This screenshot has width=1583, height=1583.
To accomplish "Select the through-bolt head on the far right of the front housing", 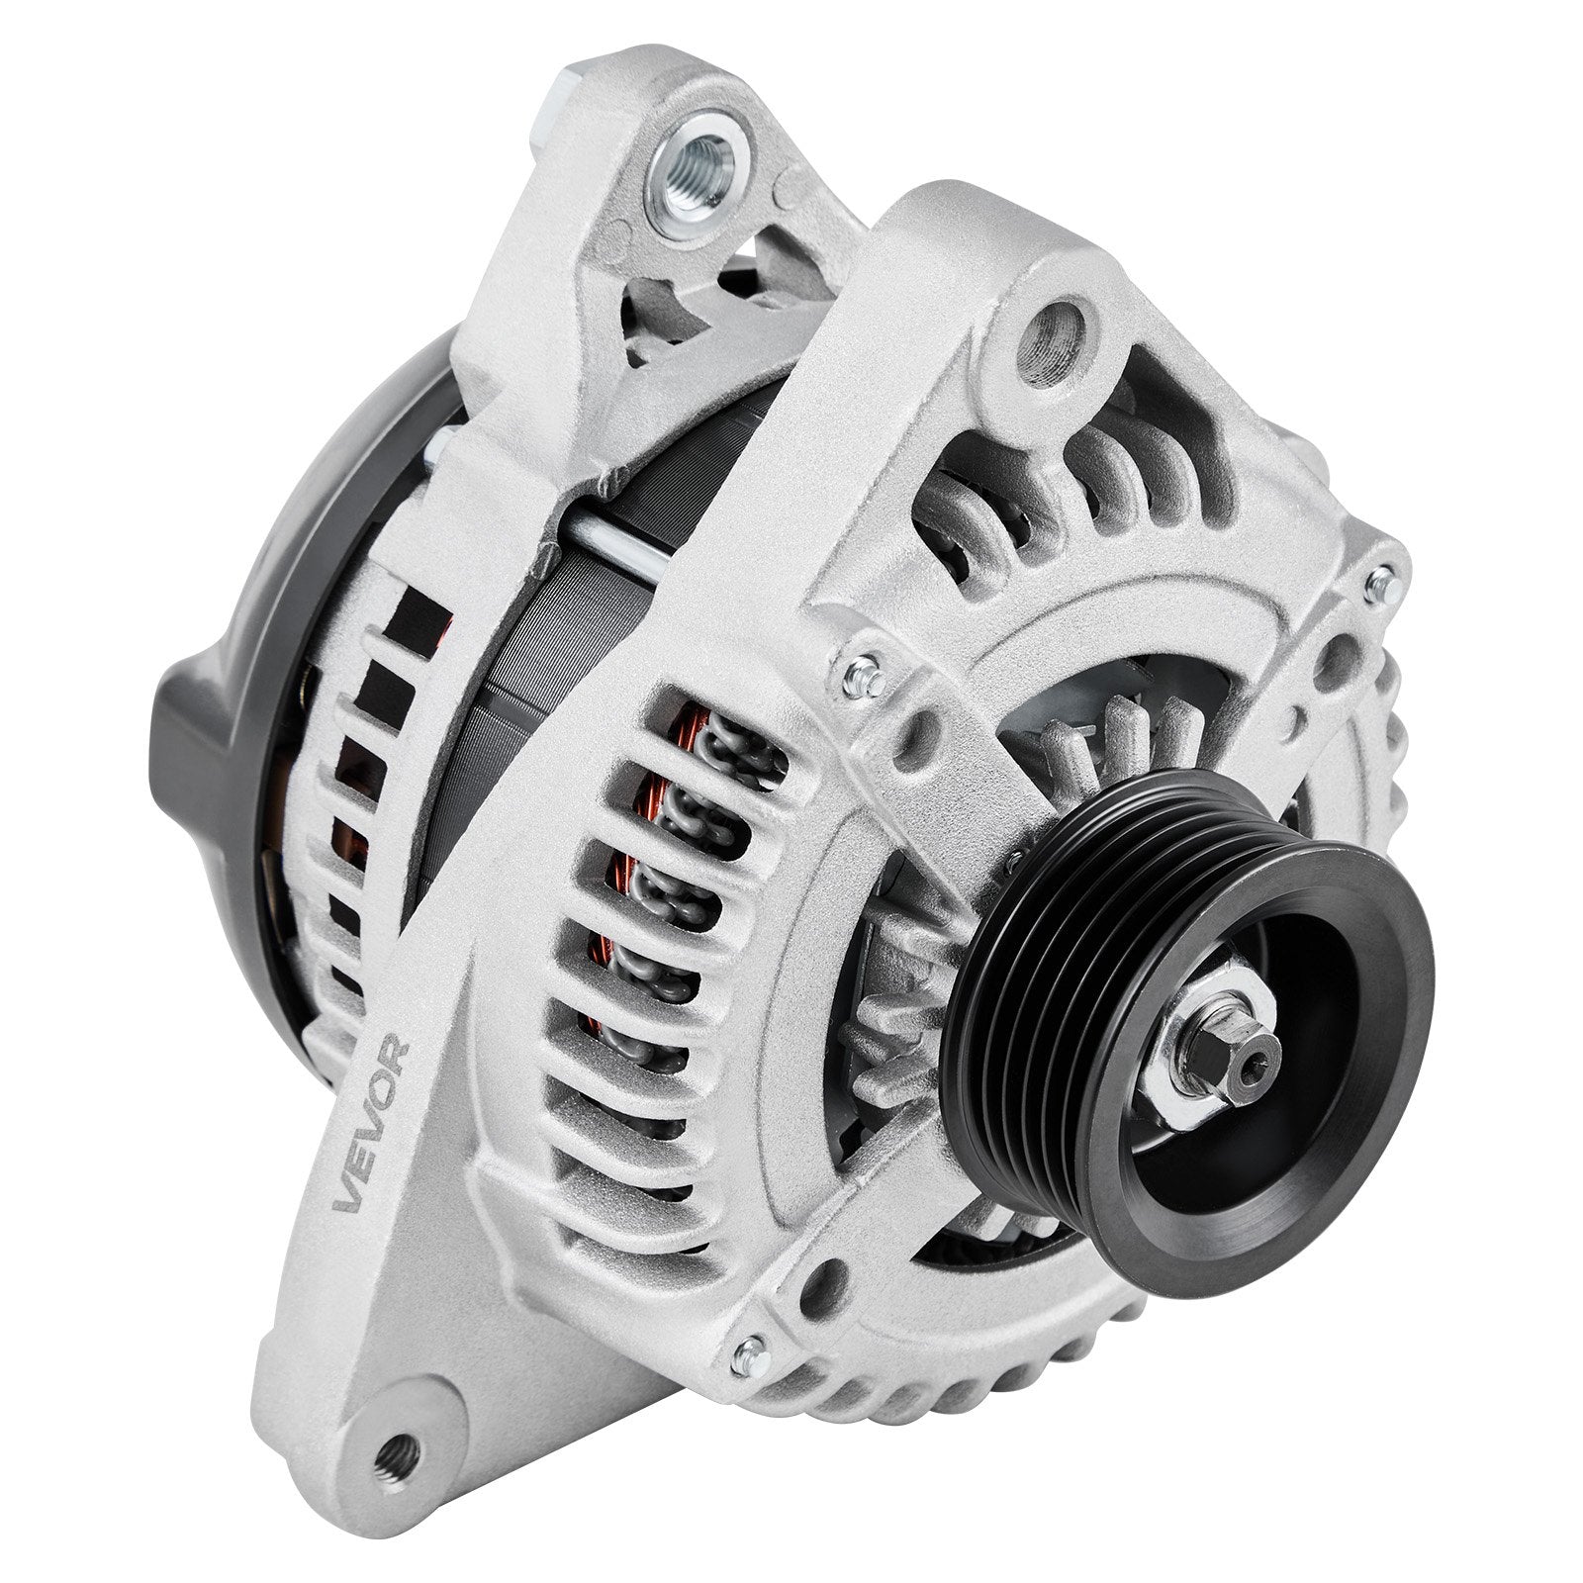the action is pyautogui.click(x=1384, y=586).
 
